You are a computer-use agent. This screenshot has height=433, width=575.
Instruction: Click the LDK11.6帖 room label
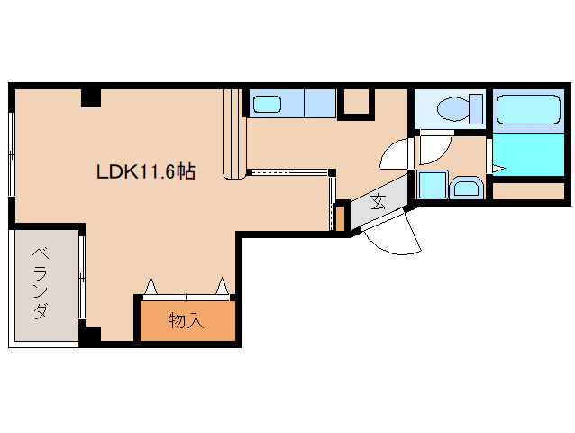click(x=146, y=171)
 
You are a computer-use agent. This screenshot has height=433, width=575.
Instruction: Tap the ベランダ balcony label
click(x=41, y=283)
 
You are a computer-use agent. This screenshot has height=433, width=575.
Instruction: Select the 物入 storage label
click(x=187, y=320)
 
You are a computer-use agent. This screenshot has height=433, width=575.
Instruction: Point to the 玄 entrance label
click(x=379, y=201)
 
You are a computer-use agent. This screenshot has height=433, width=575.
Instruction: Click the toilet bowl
click(x=453, y=108)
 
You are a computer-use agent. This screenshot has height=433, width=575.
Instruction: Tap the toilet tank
click(x=476, y=108)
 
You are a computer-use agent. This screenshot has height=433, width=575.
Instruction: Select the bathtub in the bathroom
click(x=528, y=109)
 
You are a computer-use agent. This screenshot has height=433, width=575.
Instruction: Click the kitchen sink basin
click(x=267, y=104)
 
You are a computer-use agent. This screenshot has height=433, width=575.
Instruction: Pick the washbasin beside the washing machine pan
click(x=466, y=188)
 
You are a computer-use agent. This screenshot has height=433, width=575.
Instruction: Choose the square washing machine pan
click(x=433, y=185)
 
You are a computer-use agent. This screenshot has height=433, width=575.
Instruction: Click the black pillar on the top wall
click(x=91, y=98)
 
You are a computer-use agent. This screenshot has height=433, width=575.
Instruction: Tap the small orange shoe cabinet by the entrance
click(x=341, y=218)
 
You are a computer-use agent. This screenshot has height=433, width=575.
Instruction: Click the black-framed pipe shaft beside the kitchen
click(x=356, y=104)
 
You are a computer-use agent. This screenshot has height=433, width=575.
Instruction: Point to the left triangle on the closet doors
click(x=151, y=286)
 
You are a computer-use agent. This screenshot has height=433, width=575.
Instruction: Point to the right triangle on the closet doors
click(x=222, y=286)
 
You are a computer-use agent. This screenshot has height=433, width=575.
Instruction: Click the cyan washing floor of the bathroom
click(x=528, y=154)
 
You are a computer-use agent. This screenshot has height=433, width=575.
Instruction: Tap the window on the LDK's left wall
click(x=12, y=154)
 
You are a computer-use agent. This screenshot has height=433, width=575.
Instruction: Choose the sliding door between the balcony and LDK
click(x=82, y=278)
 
